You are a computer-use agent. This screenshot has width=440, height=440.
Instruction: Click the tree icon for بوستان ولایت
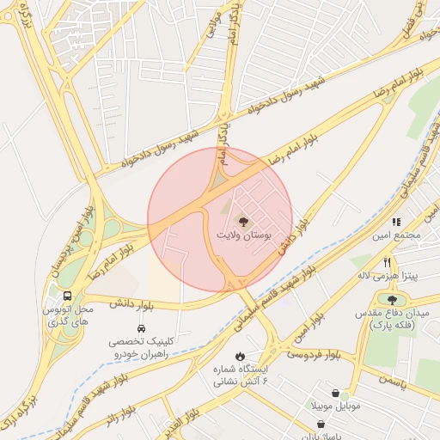pyautogui.click(x=241, y=221)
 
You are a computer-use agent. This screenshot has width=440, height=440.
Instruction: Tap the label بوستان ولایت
pyautogui.click(x=241, y=235)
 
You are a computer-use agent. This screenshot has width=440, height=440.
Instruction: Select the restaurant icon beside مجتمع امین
pyautogui.click(x=397, y=221)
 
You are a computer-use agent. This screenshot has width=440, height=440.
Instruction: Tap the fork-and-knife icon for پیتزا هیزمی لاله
pyautogui.click(x=388, y=262)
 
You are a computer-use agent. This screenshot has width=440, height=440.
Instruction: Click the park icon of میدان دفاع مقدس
pyautogui.click(x=393, y=301)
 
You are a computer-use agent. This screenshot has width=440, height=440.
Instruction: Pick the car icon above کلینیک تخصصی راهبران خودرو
pyautogui.click(x=140, y=327)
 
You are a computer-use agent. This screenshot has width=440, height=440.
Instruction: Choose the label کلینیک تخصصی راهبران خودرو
pyautogui.click(x=140, y=346)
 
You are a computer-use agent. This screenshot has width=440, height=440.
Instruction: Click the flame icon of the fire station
pyautogui.click(x=240, y=356)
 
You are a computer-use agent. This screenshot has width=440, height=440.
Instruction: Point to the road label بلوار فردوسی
pyautogui.click(x=314, y=353)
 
